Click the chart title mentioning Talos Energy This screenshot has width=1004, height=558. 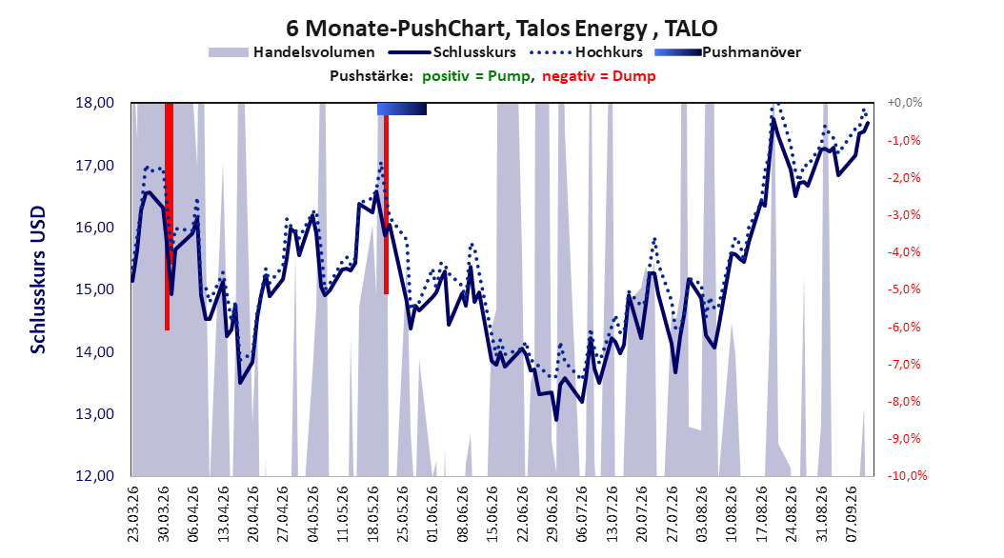(501, 29)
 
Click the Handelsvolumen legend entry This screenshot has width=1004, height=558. (292, 52)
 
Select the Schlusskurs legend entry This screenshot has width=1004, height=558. (452, 52)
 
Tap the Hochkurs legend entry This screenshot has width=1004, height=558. (584, 52)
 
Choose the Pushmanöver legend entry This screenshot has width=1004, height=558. (728, 52)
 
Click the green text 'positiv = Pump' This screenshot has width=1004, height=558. (476, 76)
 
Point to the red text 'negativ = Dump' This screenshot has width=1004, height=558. (599, 76)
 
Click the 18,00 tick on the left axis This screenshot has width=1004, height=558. (94, 103)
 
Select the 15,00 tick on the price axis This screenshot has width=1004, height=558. (94, 289)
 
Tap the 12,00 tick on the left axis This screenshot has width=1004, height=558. (94, 476)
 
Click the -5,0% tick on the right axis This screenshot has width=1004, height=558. (904, 289)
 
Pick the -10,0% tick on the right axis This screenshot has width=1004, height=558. (907, 475)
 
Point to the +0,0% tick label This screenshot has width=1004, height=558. (905, 103)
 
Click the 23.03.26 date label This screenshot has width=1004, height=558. (132, 514)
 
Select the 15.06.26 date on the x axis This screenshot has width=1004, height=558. (492, 514)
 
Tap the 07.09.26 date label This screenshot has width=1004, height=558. (852, 514)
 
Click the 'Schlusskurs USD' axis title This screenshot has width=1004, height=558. (38, 280)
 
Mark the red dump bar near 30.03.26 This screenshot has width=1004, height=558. (167, 216)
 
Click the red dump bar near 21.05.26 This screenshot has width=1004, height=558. (386, 204)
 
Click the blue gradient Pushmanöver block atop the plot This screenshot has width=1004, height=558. (401, 109)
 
